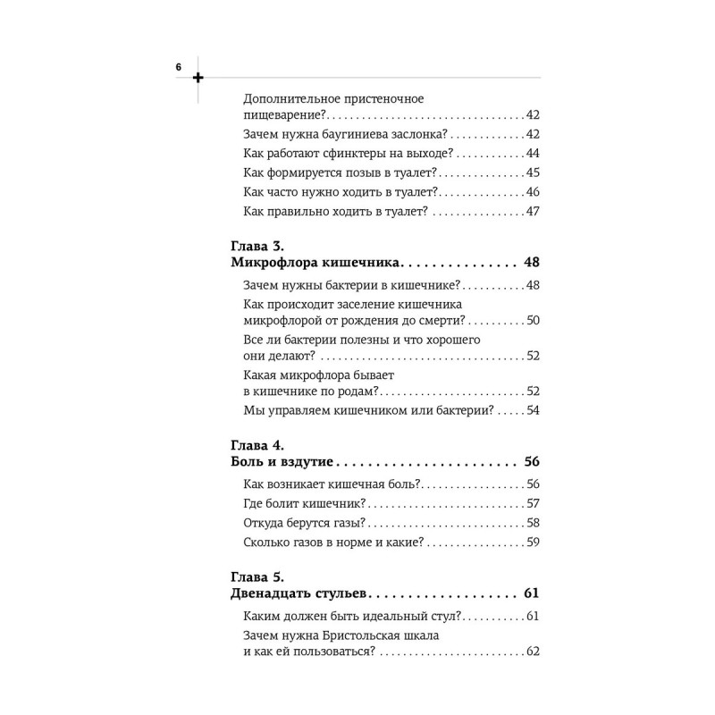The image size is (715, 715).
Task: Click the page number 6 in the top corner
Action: pyautogui.click(x=179, y=67)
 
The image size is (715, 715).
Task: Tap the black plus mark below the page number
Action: pyautogui.click(x=198, y=78)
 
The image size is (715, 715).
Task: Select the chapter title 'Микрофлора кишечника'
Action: pyautogui.click(x=315, y=263)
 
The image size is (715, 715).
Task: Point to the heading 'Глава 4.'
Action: pyautogui.click(x=257, y=443)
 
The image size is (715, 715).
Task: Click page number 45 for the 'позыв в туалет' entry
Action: pyautogui.click(x=533, y=172)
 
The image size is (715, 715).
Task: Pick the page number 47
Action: pyautogui.click(x=533, y=211)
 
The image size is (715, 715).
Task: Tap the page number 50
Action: pyautogui.click(x=533, y=320)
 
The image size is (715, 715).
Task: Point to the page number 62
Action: pyautogui.click(x=533, y=652)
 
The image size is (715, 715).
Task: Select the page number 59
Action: pyautogui.click(x=533, y=542)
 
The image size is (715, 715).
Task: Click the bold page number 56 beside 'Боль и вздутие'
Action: pyautogui.click(x=531, y=462)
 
